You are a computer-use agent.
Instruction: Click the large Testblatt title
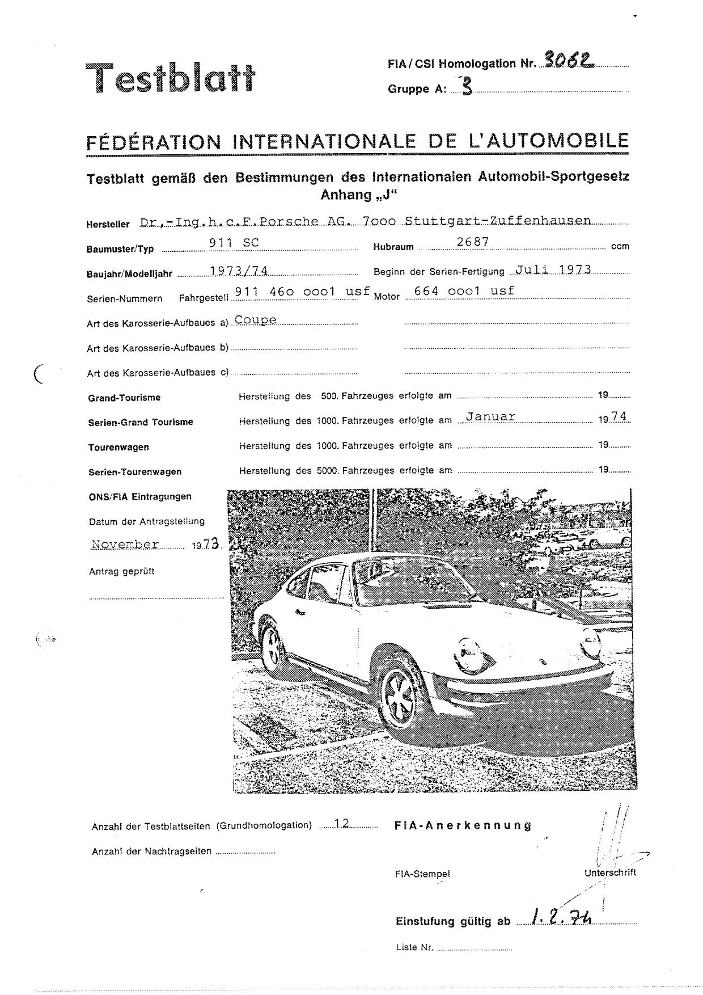(x=170, y=78)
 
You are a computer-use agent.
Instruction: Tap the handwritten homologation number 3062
(x=569, y=59)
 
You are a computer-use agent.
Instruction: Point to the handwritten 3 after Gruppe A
(x=467, y=86)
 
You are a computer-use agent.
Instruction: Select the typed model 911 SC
(x=234, y=242)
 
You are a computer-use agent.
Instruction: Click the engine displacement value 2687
(x=472, y=242)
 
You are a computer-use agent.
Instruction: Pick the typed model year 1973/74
(x=239, y=271)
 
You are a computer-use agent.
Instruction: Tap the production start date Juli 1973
(x=553, y=269)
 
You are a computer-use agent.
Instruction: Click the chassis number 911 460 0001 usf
(x=302, y=291)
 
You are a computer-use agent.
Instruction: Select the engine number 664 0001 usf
(x=464, y=290)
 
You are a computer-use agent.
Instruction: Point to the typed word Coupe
(x=256, y=320)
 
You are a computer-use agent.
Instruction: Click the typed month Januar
(x=490, y=416)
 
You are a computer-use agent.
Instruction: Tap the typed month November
(x=125, y=545)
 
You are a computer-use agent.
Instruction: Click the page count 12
(x=342, y=824)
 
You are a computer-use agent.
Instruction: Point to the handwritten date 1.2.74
(x=562, y=917)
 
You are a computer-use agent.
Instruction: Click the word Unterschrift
(x=610, y=873)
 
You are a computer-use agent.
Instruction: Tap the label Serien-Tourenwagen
(x=135, y=472)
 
